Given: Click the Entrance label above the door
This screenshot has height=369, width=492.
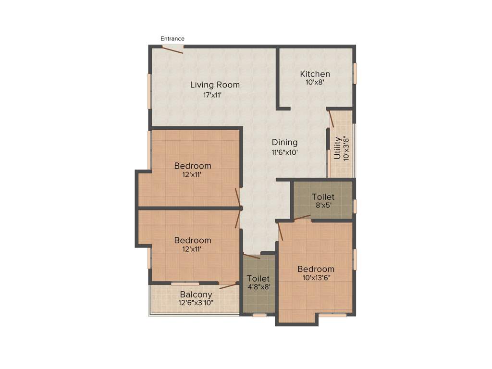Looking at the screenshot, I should click(x=172, y=38).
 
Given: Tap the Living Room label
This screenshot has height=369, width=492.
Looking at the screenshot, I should click(x=215, y=85).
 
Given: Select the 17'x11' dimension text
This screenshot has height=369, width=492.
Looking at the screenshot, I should click(x=212, y=95).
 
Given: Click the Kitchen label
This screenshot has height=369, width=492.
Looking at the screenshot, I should click(x=315, y=74).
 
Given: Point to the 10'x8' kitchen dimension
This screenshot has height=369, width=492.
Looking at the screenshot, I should click(x=315, y=83).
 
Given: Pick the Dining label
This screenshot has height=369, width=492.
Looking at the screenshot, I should click(x=285, y=142).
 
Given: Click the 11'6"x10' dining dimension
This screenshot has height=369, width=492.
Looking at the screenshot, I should click(x=285, y=153).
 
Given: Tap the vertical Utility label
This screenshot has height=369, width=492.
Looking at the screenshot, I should click(x=337, y=148).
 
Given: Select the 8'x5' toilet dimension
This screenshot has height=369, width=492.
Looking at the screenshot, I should click(x=323, y=206).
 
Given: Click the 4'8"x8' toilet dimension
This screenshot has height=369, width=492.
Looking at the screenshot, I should click(x=258, y=287).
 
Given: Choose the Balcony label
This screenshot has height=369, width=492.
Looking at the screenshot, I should click(x=196, y=295).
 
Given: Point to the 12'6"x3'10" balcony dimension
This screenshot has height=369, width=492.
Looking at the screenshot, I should click(x=196, y=303).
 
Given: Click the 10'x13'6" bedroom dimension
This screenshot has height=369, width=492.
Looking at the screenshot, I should click(x=316, y=278).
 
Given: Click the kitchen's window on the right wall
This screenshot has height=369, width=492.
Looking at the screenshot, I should click(x=355, y=74).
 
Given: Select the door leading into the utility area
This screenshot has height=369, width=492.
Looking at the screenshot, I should click(x=331, y=118).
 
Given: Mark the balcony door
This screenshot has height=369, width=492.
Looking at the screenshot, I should click(x=229, y=286).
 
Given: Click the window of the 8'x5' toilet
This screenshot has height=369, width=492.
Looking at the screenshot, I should click(x=355, y=206).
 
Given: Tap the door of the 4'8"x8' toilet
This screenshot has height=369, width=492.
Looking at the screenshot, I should click(x=252, y=256).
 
